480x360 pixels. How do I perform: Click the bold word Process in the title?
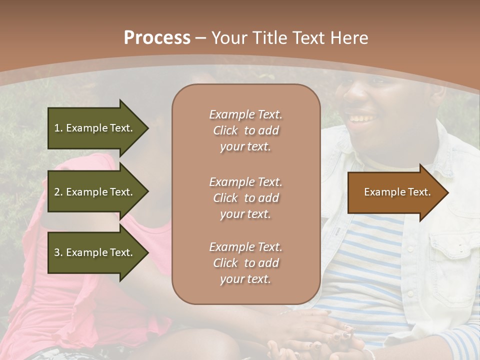click(x=157, y=38)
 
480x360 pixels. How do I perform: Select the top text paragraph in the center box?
click(x=245, y=130)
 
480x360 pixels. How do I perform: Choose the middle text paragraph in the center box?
click(x=245, y=198)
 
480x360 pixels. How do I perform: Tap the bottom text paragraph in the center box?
click(x=245, y=263)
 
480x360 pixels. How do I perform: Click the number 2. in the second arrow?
click(x=58, y=192)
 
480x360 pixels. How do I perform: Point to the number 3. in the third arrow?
click(x=58, y=252)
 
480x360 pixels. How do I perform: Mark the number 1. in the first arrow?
click(x=58, y=128)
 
